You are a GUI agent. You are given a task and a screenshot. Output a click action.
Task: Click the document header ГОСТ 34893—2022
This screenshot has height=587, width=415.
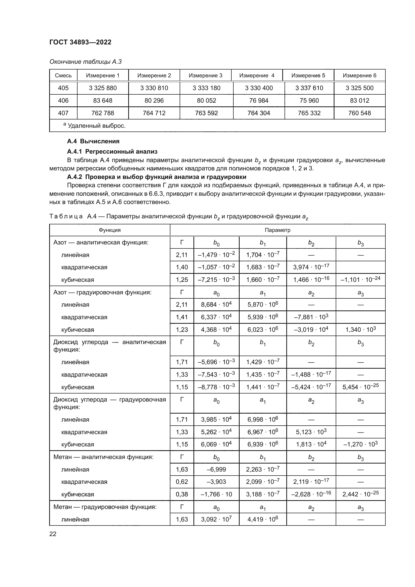coord(80,42)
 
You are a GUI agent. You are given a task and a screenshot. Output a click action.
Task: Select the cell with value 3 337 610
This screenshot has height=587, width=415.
coord(309,88)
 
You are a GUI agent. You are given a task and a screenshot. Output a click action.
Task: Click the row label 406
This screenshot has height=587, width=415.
coord(63,100)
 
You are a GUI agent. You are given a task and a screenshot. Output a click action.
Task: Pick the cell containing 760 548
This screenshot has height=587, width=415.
coord(359,113)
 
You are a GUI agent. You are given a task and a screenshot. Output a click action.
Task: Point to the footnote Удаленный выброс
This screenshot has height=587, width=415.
coord(96,126)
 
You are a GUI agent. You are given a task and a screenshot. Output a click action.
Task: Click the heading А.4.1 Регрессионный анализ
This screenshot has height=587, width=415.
coord(112,152)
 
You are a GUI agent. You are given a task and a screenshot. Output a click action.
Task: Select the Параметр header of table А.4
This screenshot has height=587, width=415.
coord(277,230)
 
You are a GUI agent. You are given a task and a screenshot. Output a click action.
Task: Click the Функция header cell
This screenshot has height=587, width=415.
coord(110,230)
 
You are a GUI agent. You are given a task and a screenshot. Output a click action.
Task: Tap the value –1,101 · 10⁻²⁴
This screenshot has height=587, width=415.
coord(360,279)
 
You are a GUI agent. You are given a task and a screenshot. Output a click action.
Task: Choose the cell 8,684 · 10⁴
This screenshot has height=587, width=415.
coord(216,304)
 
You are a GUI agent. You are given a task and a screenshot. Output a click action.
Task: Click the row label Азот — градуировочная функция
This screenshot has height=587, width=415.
coord(102,292)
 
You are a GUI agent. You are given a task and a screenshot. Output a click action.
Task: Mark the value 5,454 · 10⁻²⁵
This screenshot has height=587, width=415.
coord(360,387)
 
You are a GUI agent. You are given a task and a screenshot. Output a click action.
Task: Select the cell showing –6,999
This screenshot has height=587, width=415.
coord(216,469)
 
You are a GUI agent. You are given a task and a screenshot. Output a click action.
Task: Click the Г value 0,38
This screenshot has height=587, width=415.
coord(182,494)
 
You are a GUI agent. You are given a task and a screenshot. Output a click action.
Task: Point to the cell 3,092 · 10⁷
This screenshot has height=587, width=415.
coord(216,519)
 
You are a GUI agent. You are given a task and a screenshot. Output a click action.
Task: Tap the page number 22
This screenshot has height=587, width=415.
coord(53,534)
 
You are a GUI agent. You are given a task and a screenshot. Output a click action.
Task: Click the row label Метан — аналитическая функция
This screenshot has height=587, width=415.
coord(103,457)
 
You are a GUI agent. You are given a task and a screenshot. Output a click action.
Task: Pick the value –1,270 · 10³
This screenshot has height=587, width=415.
coord(360,444)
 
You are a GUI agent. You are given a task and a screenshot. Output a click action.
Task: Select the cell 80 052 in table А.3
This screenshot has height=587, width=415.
coord(206,100)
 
